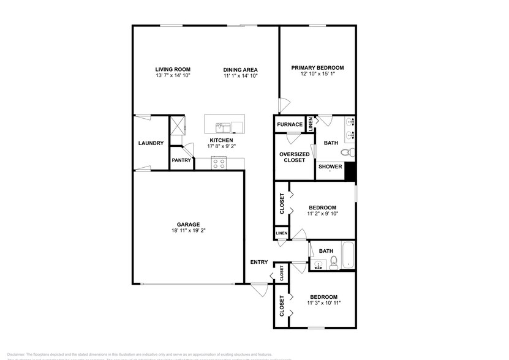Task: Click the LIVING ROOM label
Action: click(173, 69)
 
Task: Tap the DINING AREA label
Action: click(240, 69)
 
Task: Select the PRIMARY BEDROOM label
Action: click(317, 67)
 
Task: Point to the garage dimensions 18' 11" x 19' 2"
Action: click(189, 232)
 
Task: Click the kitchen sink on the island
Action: click(222, 127)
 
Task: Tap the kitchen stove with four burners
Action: click(219, 163)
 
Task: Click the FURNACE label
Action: click(289, 124)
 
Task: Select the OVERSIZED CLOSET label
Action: click(294, 157)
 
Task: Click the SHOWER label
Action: click(330, 166)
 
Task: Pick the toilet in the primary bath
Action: click(347, 152)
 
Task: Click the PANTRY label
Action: click(181, 160)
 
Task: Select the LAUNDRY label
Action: click(151, 143)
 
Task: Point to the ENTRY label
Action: click(259, 262)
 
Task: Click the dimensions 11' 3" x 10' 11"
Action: click(323, 302)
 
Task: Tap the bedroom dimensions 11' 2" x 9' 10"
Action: click(322, 214)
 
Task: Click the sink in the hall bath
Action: click(319, 265)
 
